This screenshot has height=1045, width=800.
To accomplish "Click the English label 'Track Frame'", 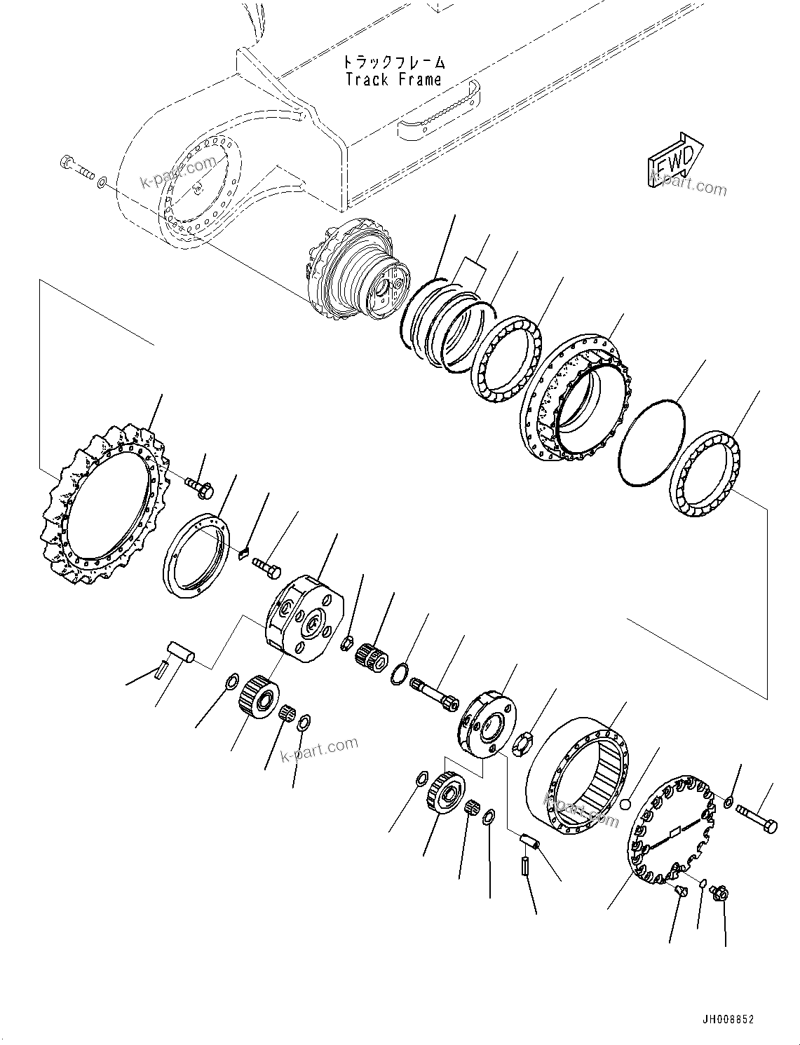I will tap(394, 79).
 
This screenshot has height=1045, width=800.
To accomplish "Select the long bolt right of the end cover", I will tap(756, 820).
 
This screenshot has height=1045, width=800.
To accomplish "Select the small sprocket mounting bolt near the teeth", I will tap(198, 486).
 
